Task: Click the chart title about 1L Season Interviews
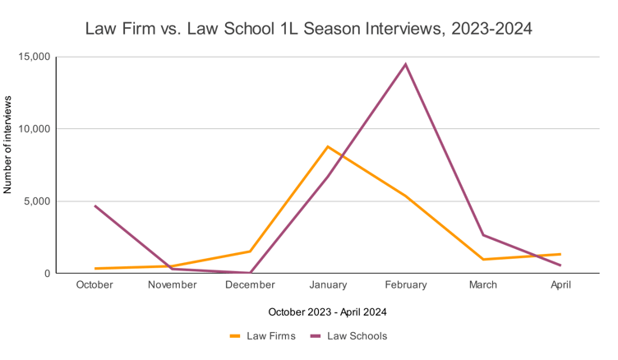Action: point(309,29)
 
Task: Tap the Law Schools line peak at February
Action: point(405,64)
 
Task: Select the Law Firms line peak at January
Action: point(328,147)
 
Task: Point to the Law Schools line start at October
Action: point(95,205)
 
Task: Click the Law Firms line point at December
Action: point(250,252)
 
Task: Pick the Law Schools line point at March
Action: point(483,235)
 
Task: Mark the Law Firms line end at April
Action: point(560,254)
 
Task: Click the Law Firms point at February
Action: point(405,196)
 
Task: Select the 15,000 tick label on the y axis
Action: point(34,58)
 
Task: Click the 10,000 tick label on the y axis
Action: point(34,129)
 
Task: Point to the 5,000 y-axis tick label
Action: point(36,201)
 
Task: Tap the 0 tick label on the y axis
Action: point(47,274)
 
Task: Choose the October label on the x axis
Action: point(95,285)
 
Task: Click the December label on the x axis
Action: point(250,285)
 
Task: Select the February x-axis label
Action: point(405,285)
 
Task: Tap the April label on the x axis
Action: point(560,285)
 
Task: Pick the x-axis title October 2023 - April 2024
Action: point(327,312)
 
